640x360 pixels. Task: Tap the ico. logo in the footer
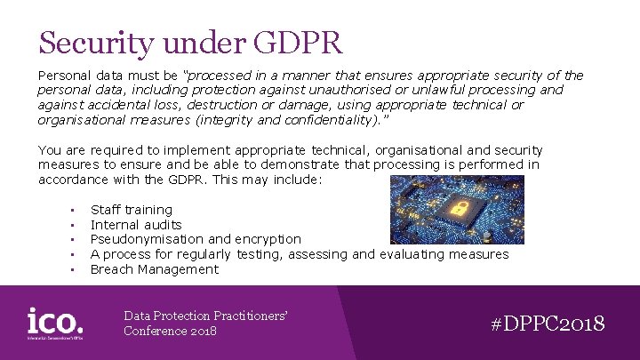[x=55, y=322]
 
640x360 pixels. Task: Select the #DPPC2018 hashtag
[x=548, y=323]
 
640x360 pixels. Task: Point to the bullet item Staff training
[x=132, y=210]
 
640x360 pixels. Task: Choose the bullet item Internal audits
[x=136, y=225]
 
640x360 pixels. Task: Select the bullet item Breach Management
[x=154, y=268]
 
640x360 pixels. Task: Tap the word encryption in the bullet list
[x=268, y=239]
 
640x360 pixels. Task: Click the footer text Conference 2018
[x=170, y=331]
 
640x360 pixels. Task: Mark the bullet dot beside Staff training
[x=69, y=211]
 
